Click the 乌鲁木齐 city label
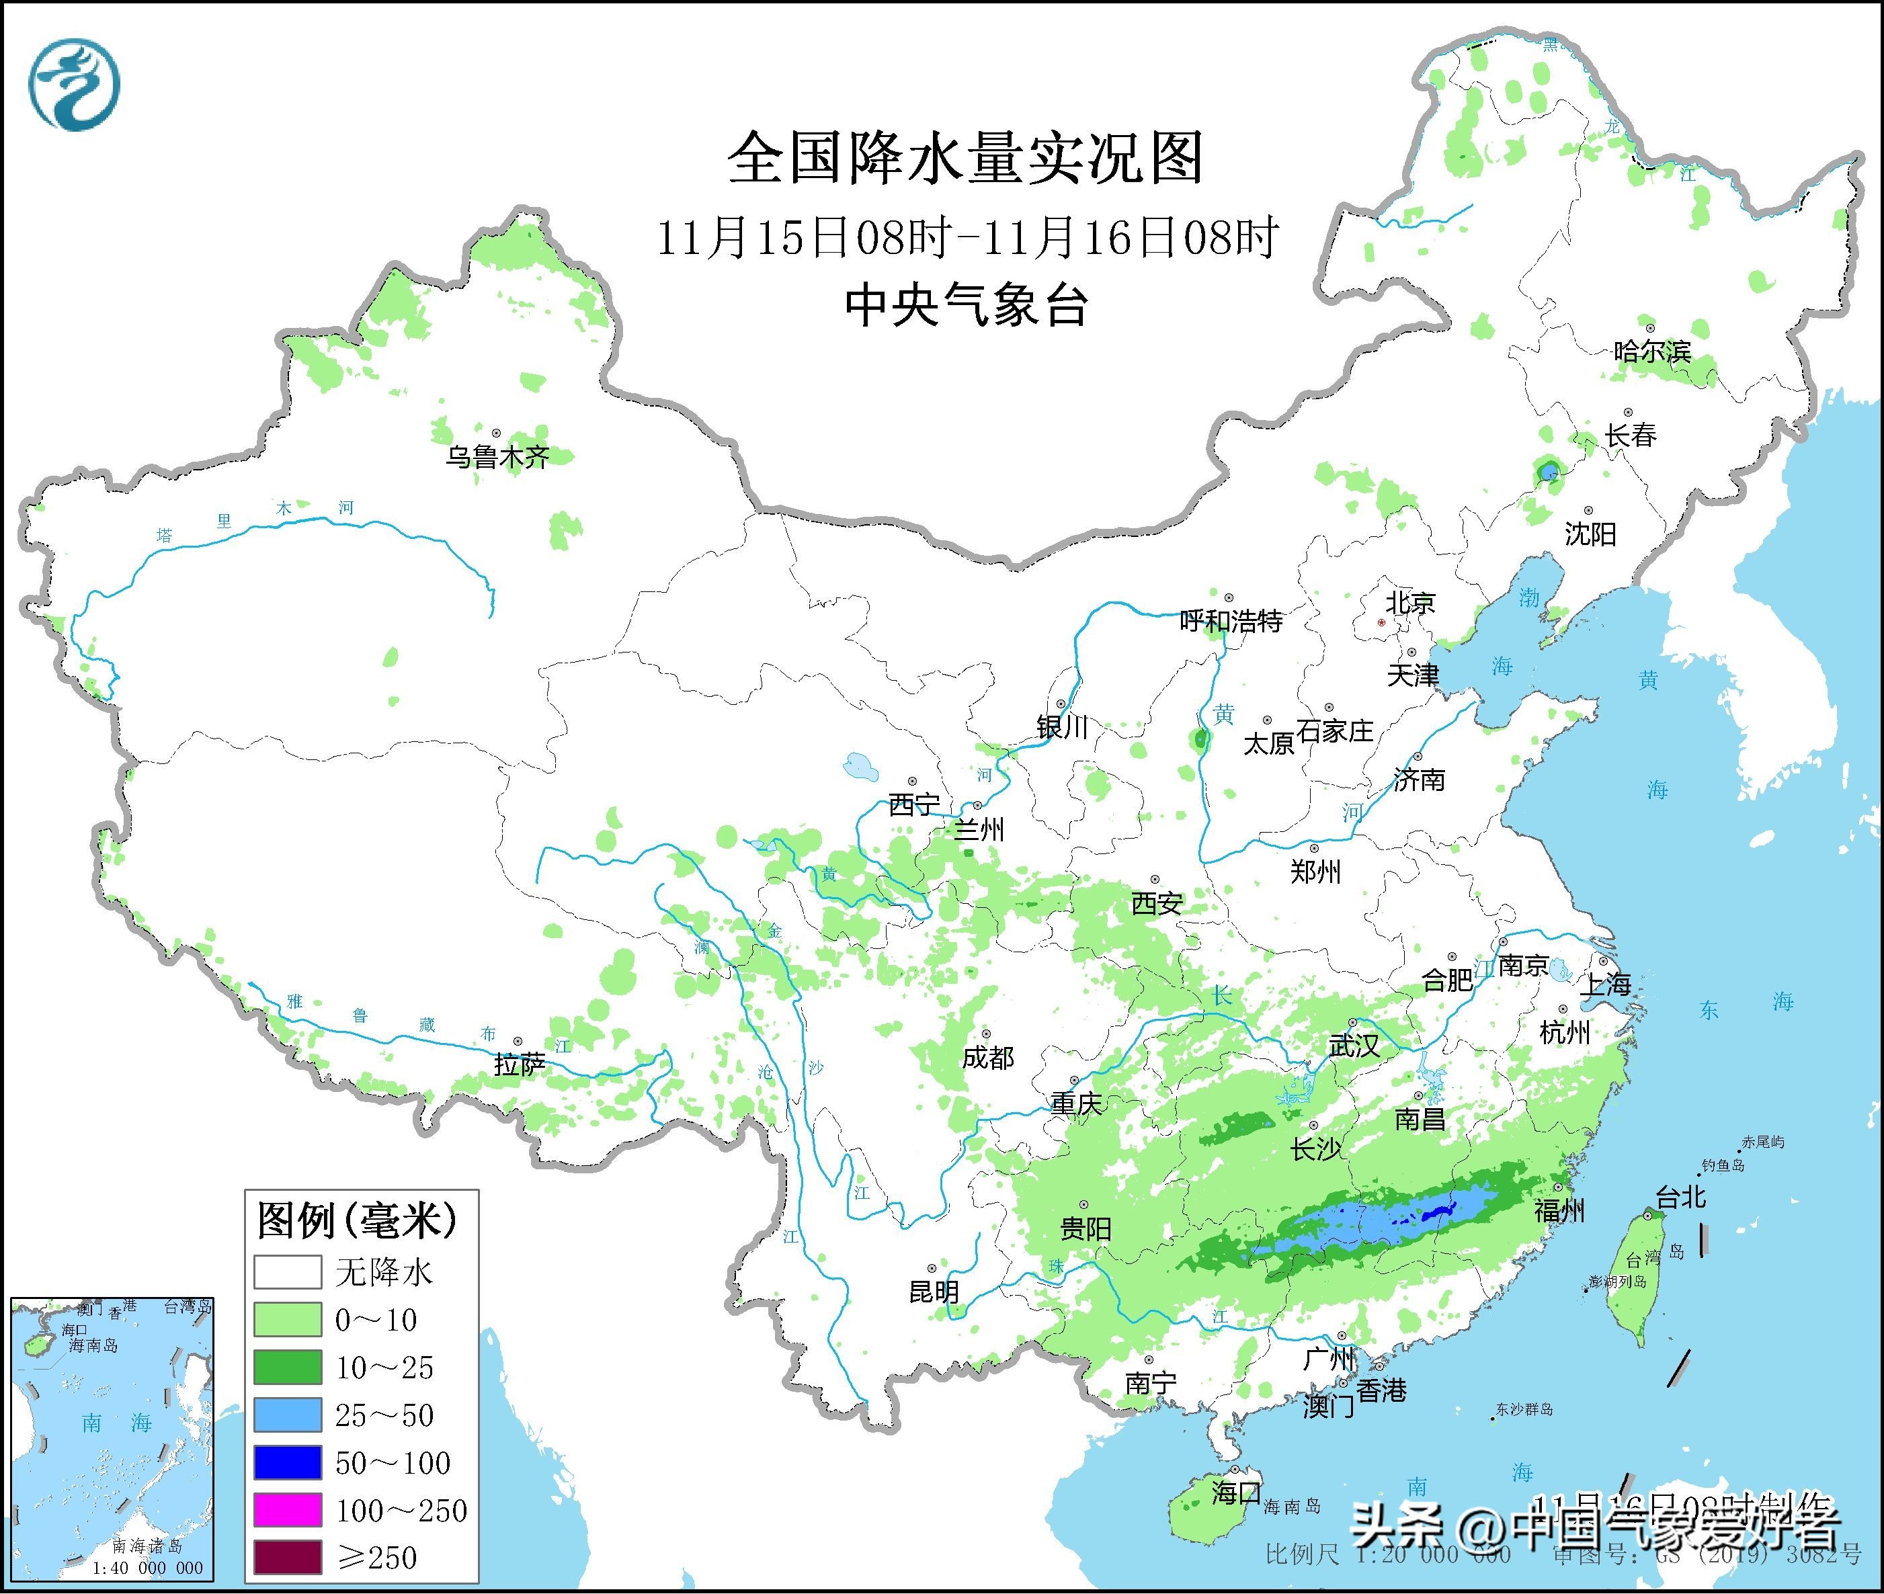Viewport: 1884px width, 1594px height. [497, 457]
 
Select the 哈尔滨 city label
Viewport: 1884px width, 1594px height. [1651, 351]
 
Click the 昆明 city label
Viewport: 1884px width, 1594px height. [934, 1292]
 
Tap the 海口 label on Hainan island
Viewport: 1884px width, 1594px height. [1236, 1492]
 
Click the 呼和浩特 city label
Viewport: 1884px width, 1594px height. [1231, 621]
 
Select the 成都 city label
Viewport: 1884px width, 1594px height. [987, 1057]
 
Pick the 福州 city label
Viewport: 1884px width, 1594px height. [1559, 1211]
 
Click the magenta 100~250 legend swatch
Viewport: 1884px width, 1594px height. [288, 1510]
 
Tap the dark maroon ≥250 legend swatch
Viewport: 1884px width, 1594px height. [288, 1557]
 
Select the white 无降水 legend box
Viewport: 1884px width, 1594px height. [288, 1272]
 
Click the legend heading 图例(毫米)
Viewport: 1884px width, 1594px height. [358, 1222]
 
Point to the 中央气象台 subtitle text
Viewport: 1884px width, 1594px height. [966, 304]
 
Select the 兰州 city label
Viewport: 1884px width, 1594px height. [979, 829]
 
